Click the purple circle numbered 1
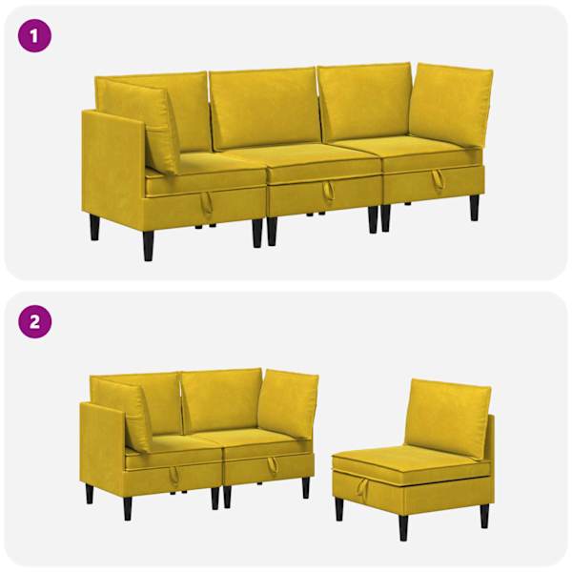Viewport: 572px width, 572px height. [34, 36]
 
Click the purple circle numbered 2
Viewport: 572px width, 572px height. [34, 321]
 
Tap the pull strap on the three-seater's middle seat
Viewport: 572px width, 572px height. [328, 190]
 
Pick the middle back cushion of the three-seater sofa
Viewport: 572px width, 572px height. [264, 109]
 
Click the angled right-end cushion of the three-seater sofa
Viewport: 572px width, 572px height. [451, 105]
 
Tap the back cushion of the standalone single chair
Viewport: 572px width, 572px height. [447, 417]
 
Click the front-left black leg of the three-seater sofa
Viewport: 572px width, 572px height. [148, 246]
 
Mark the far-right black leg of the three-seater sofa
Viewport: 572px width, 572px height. [474, 208]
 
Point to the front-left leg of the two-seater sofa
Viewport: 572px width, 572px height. [128, 508]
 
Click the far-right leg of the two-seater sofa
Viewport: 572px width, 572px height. [306, 488]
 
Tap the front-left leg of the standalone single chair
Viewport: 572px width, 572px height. [339, 508]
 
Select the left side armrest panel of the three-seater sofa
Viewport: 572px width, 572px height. [113, 166]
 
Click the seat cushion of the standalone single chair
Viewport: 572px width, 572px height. [410, 461]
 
